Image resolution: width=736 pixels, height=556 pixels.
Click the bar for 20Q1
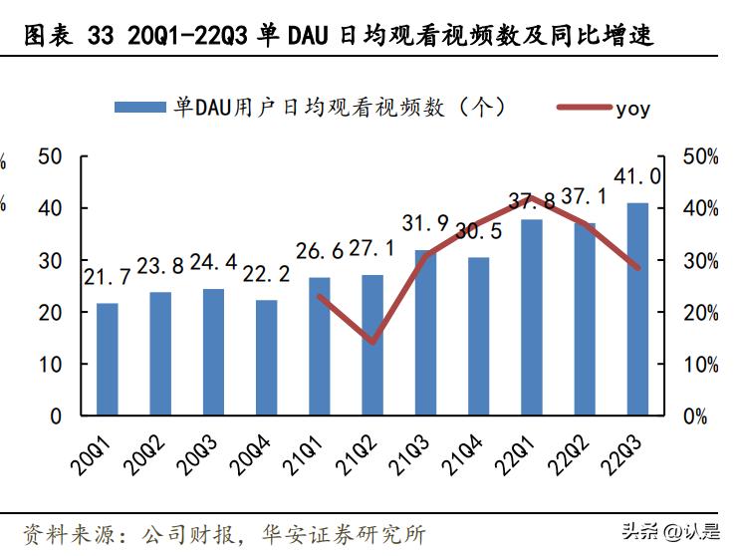[x=107, y=359]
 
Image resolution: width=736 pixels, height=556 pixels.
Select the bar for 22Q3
[x=637, y=309]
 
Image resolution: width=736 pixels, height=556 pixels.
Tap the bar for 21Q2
[x=372, y=345]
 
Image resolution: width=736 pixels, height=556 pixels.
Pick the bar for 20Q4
[x=266, y=358]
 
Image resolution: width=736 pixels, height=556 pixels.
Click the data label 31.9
[x=426, y=223]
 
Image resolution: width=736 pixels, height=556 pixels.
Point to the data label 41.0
[x=637, y=176]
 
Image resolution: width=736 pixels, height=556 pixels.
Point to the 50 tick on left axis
[x=50, y=157]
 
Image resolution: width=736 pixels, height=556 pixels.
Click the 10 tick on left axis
[x=50, y=365]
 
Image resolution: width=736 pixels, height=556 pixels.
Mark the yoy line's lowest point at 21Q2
[x=372, y=342]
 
